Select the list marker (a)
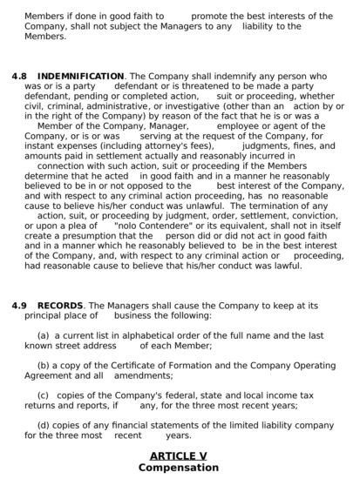click(x=43, y=335)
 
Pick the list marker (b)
click(x=43, y=366)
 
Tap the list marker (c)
click(x=43, y=395)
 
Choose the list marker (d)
click(x=43, y=425)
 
